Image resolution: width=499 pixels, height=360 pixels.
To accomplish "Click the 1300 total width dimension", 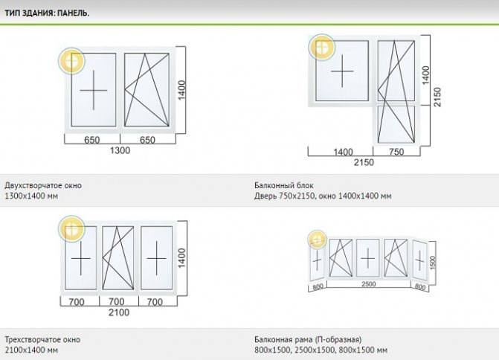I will tap(120, 150).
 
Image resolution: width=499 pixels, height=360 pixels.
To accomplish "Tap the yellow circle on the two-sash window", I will tap(73, 62).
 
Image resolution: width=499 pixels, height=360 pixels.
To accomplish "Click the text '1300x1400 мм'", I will tap(30, 196).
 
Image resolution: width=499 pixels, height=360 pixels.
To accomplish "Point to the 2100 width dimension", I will tap(119, 312).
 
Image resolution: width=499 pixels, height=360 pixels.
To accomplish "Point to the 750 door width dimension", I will tap(396, 152).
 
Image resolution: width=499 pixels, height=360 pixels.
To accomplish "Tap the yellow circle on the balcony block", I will tap(322, 48).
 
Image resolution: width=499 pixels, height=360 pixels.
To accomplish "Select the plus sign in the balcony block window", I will tap(342, 72).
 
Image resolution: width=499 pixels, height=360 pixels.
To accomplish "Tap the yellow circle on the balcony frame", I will tap(318, 240).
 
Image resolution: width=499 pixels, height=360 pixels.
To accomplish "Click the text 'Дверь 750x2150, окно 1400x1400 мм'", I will tap(323, 196).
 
